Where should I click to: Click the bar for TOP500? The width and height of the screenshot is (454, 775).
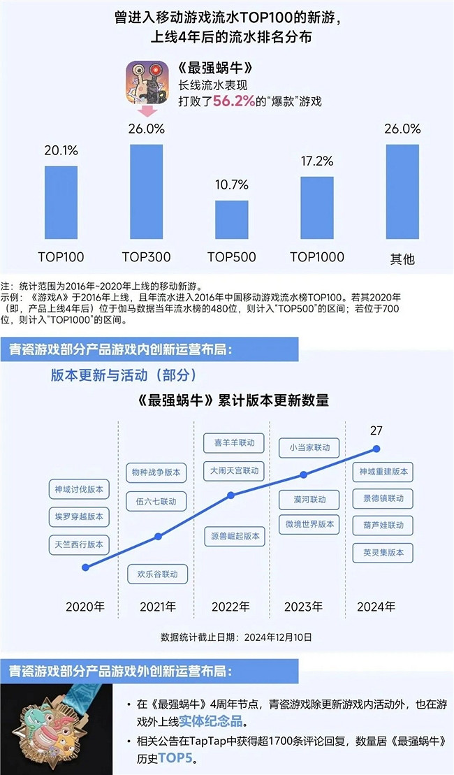(231, 221)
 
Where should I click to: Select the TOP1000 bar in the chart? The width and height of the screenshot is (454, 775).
(316, 209)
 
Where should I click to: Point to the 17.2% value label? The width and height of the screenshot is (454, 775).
(316, 162)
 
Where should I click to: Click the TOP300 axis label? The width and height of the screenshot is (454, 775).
(146, 256)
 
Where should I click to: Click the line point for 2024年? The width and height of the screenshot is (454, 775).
(377, 449)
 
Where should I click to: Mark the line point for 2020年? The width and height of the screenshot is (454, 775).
(85, 567)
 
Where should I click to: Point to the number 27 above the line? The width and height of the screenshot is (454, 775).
(377, 430)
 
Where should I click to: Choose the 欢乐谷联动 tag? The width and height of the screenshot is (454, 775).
(157, 574)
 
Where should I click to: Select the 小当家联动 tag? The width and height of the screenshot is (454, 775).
(304, 447)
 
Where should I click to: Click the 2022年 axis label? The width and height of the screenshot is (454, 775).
(230, 606)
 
